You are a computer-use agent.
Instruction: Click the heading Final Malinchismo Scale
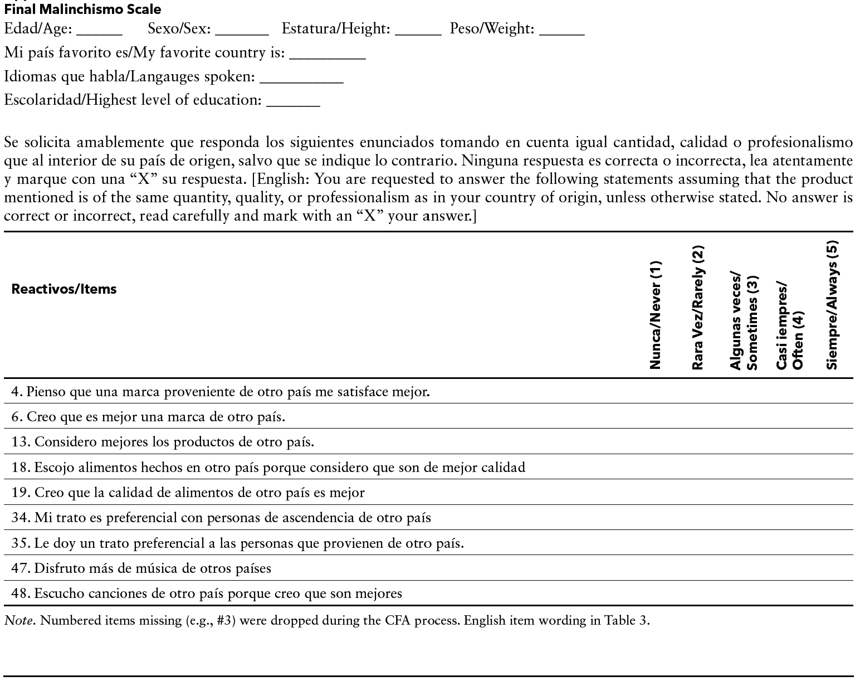[82, 9]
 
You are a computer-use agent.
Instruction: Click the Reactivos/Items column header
[64, 289]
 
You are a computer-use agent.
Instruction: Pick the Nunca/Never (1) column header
[656, 315]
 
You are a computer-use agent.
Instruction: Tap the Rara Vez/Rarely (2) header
[698, 308]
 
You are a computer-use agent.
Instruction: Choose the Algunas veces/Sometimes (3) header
[745, 322]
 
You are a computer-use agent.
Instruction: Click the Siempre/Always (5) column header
[832, 305]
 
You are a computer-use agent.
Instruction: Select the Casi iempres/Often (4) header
[790, 326]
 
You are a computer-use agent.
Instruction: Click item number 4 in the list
[17, 392]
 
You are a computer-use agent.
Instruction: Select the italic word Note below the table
[18, 621]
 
